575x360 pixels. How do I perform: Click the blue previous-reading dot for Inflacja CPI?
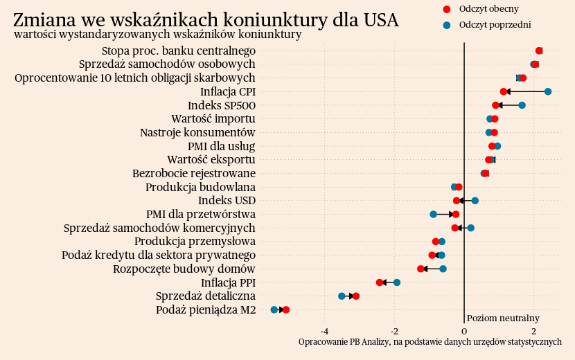[x=547, y=91]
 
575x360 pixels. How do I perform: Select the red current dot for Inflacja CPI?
[x=504, y=91]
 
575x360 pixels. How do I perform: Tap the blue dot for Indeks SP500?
[x=522, y=105]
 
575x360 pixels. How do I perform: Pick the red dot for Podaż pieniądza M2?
[x=286, y=310]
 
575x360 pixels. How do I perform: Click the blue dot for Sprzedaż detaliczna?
[x=342, y=296]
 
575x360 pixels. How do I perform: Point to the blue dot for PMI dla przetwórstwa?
[x=433, y=214]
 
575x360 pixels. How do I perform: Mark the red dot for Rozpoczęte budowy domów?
[x=421, y=269]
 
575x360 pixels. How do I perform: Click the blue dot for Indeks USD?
[x=475, y=201]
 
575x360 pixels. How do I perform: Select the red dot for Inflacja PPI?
[x=380, y=282]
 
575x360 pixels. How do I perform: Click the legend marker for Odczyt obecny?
[x=446, y=9]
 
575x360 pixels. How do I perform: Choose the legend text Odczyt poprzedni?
[x=495, y=25]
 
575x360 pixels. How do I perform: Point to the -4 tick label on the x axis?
[x=325, y=331]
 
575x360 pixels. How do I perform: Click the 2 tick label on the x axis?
[x=533, y=331]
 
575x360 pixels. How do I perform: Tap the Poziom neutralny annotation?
[x=503, y=318]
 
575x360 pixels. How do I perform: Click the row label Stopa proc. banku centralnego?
[x=179, y=51]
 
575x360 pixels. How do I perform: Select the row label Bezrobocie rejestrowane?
[x=194, y=173]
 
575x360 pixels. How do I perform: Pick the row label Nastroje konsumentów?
[x=197, y=132]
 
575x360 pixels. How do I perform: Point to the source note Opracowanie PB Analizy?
[x=430, y=342]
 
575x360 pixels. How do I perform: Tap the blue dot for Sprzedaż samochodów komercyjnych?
[x=470, y=228]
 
